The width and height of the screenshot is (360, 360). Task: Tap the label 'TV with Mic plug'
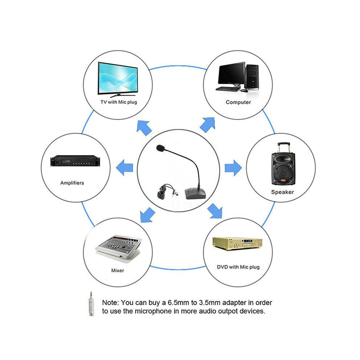119,102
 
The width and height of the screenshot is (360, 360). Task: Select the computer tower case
252,77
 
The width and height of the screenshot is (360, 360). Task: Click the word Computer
238,103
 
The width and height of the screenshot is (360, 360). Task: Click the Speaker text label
283,192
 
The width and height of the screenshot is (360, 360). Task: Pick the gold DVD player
237,244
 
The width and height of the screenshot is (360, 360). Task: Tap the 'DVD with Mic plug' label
238,267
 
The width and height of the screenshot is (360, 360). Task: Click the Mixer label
117,271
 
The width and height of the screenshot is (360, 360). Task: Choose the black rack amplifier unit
75,161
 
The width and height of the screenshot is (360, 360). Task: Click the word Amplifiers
72,183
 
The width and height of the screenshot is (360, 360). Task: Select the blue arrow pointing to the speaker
233,168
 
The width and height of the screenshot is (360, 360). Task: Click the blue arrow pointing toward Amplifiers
124,168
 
